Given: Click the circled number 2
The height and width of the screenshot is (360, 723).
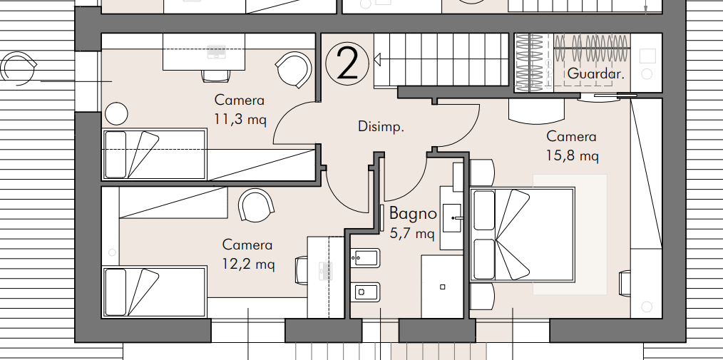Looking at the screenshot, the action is (347, 65).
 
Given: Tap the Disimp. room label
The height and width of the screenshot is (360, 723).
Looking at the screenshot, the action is (381, 127).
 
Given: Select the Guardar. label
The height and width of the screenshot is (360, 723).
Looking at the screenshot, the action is (596, 73).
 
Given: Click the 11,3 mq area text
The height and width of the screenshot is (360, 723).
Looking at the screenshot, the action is (240, 119).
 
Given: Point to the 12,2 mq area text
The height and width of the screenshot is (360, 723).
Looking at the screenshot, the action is (248, 264).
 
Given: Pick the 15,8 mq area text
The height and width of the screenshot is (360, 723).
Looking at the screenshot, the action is (573, 155).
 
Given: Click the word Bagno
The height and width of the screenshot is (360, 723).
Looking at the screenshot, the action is (413, 213).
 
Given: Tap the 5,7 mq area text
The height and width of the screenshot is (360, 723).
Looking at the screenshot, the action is (411, 233).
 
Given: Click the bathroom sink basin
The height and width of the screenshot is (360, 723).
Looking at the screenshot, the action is (452, 217).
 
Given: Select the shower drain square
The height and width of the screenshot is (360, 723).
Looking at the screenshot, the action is (443, 287).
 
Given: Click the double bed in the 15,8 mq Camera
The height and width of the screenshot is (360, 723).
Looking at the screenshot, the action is (522, 234).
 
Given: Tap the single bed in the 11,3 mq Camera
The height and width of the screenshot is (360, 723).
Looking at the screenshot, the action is (154, 155).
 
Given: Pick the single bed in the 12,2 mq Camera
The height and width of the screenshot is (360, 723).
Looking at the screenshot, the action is (154, 292).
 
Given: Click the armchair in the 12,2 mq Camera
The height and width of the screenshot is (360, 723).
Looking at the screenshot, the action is (257, 205).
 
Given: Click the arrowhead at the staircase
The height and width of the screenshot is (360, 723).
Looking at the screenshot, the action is (376, 60).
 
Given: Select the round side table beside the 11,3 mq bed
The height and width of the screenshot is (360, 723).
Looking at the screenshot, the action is (116, 113).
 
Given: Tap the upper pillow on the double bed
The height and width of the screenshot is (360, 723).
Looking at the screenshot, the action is (484, 210).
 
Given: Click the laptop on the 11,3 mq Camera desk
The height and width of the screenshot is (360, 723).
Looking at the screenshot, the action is (216, 51).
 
